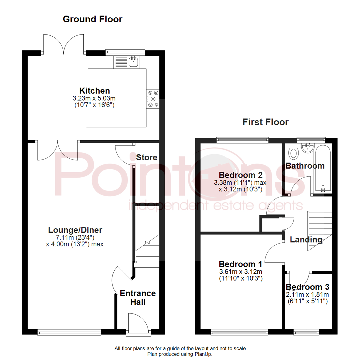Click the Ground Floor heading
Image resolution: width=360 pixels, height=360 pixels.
coord(93,19)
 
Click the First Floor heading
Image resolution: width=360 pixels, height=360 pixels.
coord(265,122)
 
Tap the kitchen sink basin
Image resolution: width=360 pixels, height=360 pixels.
coord(133,62)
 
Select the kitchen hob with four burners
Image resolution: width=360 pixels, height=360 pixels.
coord(153,99)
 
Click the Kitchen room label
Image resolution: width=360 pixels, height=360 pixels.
coord(95,91)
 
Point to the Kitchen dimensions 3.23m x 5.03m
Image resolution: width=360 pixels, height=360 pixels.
coord(94,98)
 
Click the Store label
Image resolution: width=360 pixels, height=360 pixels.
coord(146,157)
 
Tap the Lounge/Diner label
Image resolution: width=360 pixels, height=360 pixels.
coord(75,230)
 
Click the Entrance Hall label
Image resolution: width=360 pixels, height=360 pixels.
coord(138,298)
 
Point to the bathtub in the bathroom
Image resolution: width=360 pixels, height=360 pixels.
coord(323,168)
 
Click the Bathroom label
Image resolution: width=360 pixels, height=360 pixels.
coord(305,166)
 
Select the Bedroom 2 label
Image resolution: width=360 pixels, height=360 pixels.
coord(240,175)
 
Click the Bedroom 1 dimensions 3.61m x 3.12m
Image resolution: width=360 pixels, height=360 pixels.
coord(241,272)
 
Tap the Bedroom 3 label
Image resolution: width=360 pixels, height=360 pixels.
coord(307,287)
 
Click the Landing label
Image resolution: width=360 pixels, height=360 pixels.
coord(306,240)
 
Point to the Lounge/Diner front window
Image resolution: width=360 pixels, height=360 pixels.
coord(69,332)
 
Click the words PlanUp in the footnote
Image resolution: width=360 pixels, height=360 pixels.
coord(203,354)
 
